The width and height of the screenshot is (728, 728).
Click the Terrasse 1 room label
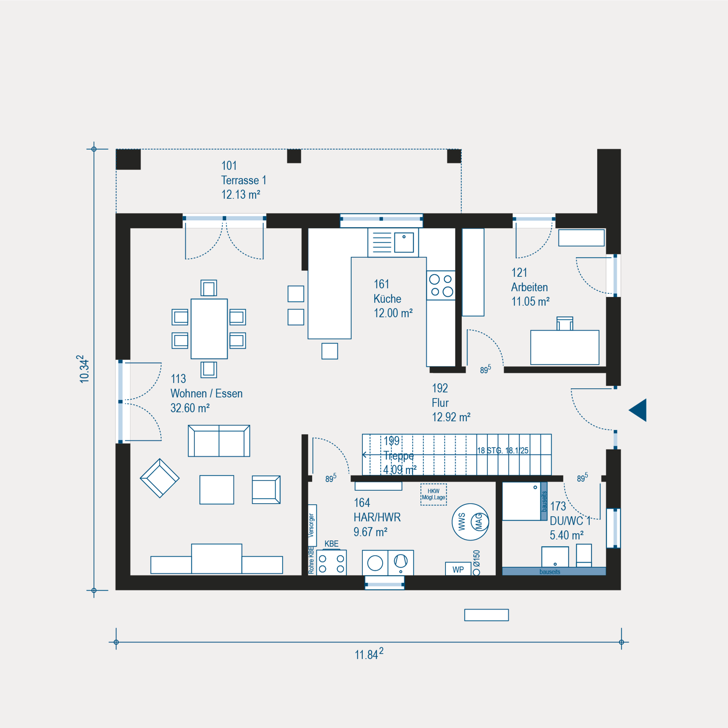click(x=244, y=180)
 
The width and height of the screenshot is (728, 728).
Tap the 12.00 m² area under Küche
click(x=393, y=313)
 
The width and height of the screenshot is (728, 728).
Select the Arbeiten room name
click(x=529, y=287)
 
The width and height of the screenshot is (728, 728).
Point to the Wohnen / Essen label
click(x=207, y=393)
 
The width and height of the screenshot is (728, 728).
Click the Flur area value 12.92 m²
click(x=451, y=417)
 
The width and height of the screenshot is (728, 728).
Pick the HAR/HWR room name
click(x=377, y=517)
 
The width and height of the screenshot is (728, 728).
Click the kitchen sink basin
click(x=404, y=243)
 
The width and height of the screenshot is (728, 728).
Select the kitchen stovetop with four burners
click(x=441, y=286)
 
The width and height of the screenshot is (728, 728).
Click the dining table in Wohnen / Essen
click(x=209, y=329)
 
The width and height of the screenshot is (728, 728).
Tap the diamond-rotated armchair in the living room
click(x=160, y=478)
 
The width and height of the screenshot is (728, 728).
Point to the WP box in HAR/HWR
click(x=458, y=569)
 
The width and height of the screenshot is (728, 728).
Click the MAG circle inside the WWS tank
click(x=479, y=522)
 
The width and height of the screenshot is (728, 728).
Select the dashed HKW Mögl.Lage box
click(x=434, y=494)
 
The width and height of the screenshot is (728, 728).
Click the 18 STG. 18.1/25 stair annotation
click(x=503, y=450)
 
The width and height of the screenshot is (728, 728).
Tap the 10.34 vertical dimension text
click(x=84, y=369)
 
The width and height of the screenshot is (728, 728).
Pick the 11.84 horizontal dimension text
click(x=369, y=654)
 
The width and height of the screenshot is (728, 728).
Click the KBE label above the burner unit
click(x=331, y=544)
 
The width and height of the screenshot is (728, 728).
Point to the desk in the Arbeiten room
click(x=565, y=347)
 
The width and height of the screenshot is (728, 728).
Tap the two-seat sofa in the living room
click(x=219, y=441)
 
